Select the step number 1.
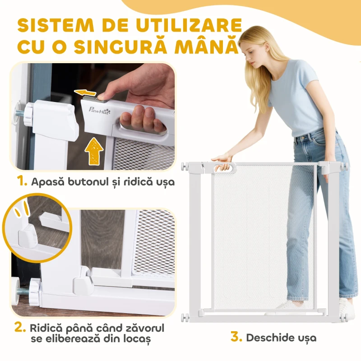coord(21,182)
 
